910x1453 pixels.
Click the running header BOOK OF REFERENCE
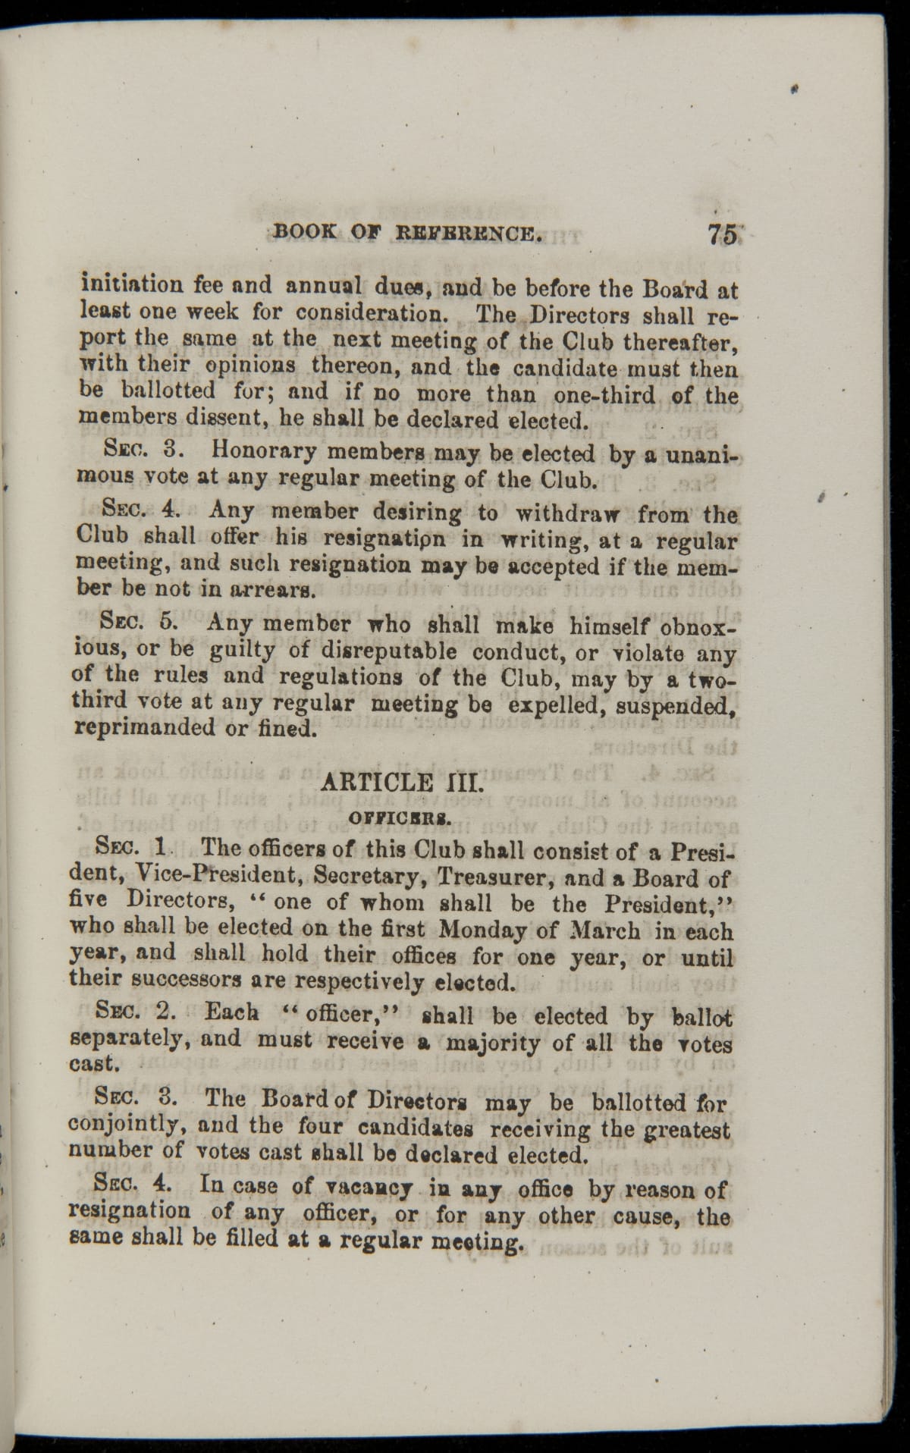408,231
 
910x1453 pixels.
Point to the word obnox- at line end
699,626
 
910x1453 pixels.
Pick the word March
598,929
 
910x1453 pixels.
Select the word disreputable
387,651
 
